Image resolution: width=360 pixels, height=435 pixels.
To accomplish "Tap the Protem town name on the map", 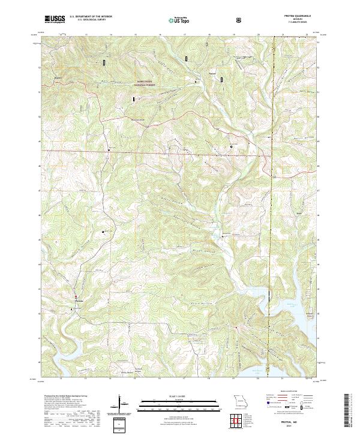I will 77,302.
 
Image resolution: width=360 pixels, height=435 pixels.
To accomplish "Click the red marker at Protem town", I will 76,297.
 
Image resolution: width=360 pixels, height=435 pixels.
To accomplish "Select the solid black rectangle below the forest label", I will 133,98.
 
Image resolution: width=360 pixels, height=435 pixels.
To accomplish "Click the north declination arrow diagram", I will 121,403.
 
